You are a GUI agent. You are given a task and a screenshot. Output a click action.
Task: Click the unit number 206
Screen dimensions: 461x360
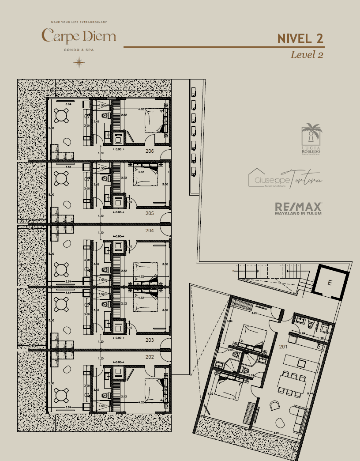[150, 151]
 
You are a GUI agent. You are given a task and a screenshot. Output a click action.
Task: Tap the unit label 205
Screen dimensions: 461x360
[150, 213]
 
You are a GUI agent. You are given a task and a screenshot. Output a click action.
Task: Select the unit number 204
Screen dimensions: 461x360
[150, 230]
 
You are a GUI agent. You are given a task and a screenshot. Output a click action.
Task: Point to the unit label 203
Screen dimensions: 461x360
[150, 340]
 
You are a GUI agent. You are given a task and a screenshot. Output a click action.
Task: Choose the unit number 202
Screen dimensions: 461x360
[150, 357]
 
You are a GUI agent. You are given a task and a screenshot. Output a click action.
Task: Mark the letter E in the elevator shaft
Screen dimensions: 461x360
[330, 283]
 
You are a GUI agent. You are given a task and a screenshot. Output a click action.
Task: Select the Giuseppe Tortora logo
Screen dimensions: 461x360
[285, 178]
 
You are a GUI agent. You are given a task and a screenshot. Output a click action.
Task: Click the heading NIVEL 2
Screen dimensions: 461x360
[300, 38]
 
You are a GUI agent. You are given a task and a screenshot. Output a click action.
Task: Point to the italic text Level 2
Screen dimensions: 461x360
[307, 55]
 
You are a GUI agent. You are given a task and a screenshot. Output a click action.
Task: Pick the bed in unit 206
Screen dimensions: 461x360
[153, 120]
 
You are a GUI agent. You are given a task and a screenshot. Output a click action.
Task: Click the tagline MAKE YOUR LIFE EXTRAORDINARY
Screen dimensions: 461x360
[79, 22]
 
